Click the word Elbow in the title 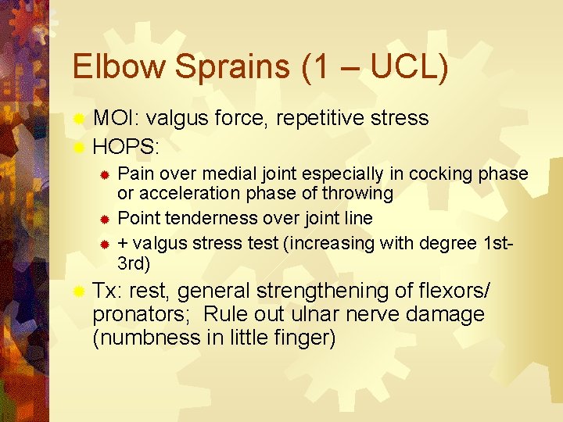click(x=119, y=67)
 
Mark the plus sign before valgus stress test click(x=122, y=242)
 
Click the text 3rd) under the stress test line click(x=133, y=262)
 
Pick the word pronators click(x=142, y=315)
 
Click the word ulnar click(x=338, y=315)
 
